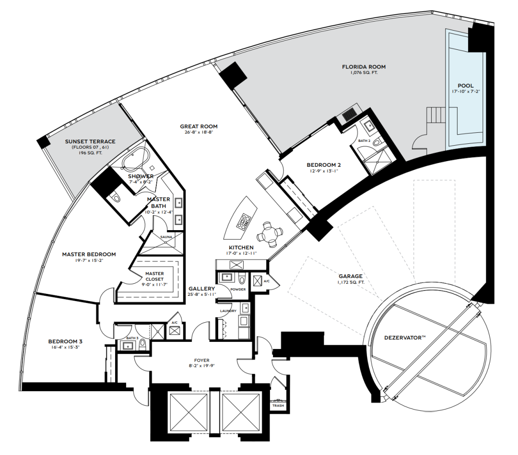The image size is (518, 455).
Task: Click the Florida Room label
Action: [x=364, y=67]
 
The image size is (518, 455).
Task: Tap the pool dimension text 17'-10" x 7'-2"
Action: [x=466, y=92]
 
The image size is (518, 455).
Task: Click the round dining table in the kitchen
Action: [x=270, y=235]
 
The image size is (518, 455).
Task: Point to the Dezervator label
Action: [x=405, y=338]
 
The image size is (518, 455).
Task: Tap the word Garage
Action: [x=351, y=276]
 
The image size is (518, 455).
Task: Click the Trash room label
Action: [x=278, y=406]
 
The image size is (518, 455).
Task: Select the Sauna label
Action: [x=166, y=237]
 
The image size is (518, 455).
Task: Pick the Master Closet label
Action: [x=154, y=276]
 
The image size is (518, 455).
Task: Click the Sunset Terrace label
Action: [x=90, y=141]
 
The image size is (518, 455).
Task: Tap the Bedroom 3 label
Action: [x=65, y=341]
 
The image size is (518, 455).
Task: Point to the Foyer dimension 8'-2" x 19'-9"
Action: [x=202, y=365]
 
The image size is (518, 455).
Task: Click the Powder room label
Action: [x=238, y=289]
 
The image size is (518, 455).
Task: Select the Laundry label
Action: [x=228, y=311]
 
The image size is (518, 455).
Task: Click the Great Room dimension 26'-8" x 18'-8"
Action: [x=199, y=132]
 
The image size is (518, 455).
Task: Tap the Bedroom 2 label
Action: [x=324, y=165]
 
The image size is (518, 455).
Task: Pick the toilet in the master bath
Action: [x=116, y=197]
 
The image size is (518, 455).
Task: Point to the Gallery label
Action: [x=202, y=289]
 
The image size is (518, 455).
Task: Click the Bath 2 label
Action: [x=365, y=140]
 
